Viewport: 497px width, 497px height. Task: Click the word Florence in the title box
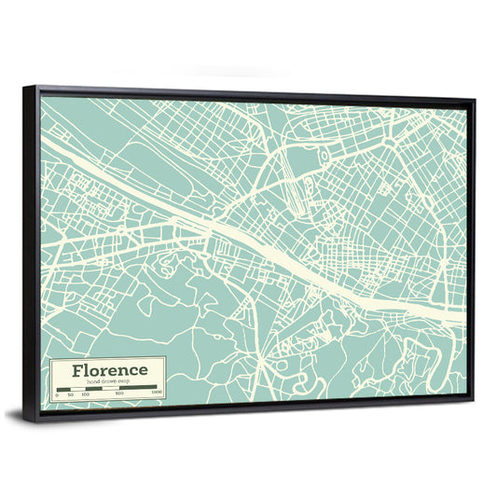[107, 370]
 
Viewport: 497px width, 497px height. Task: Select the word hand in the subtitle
[90, 382]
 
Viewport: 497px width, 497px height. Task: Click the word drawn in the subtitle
[107, 382]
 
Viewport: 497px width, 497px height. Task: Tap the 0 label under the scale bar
[56, 394]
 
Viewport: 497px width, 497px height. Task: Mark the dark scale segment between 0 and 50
[63, 388]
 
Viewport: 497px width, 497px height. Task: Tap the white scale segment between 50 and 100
[78, 388]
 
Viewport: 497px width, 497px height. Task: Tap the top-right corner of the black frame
[474, 98]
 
